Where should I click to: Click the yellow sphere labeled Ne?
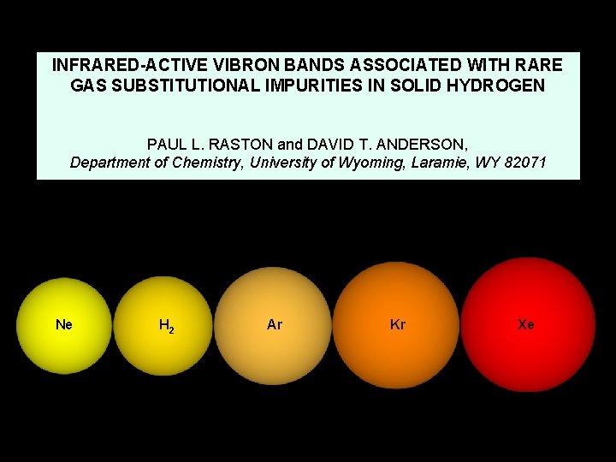63,325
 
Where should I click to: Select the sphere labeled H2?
163,326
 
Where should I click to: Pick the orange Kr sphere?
397,324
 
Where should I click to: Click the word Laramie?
473,163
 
